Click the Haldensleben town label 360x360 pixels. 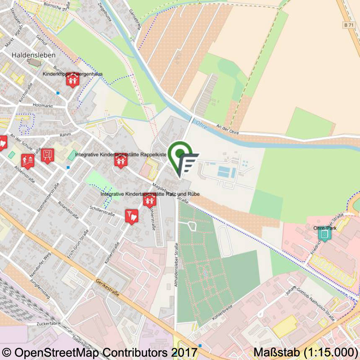(x=34, y=55)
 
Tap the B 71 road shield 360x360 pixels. (x=349, y=25)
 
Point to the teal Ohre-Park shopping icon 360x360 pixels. (x=324, y=233)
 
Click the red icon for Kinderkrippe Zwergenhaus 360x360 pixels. (x=73, y=80)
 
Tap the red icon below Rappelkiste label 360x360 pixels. (x=121, y=161)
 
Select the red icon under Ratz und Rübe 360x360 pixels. (x=150, y=200)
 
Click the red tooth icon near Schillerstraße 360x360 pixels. (x=132, y=216)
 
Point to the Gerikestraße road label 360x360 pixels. (x=108, y=288)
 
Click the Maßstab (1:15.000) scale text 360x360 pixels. (x=306, y=351)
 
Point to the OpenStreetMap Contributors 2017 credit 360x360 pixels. (x=100, y=351)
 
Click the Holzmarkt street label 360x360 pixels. (x=43, y=106)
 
